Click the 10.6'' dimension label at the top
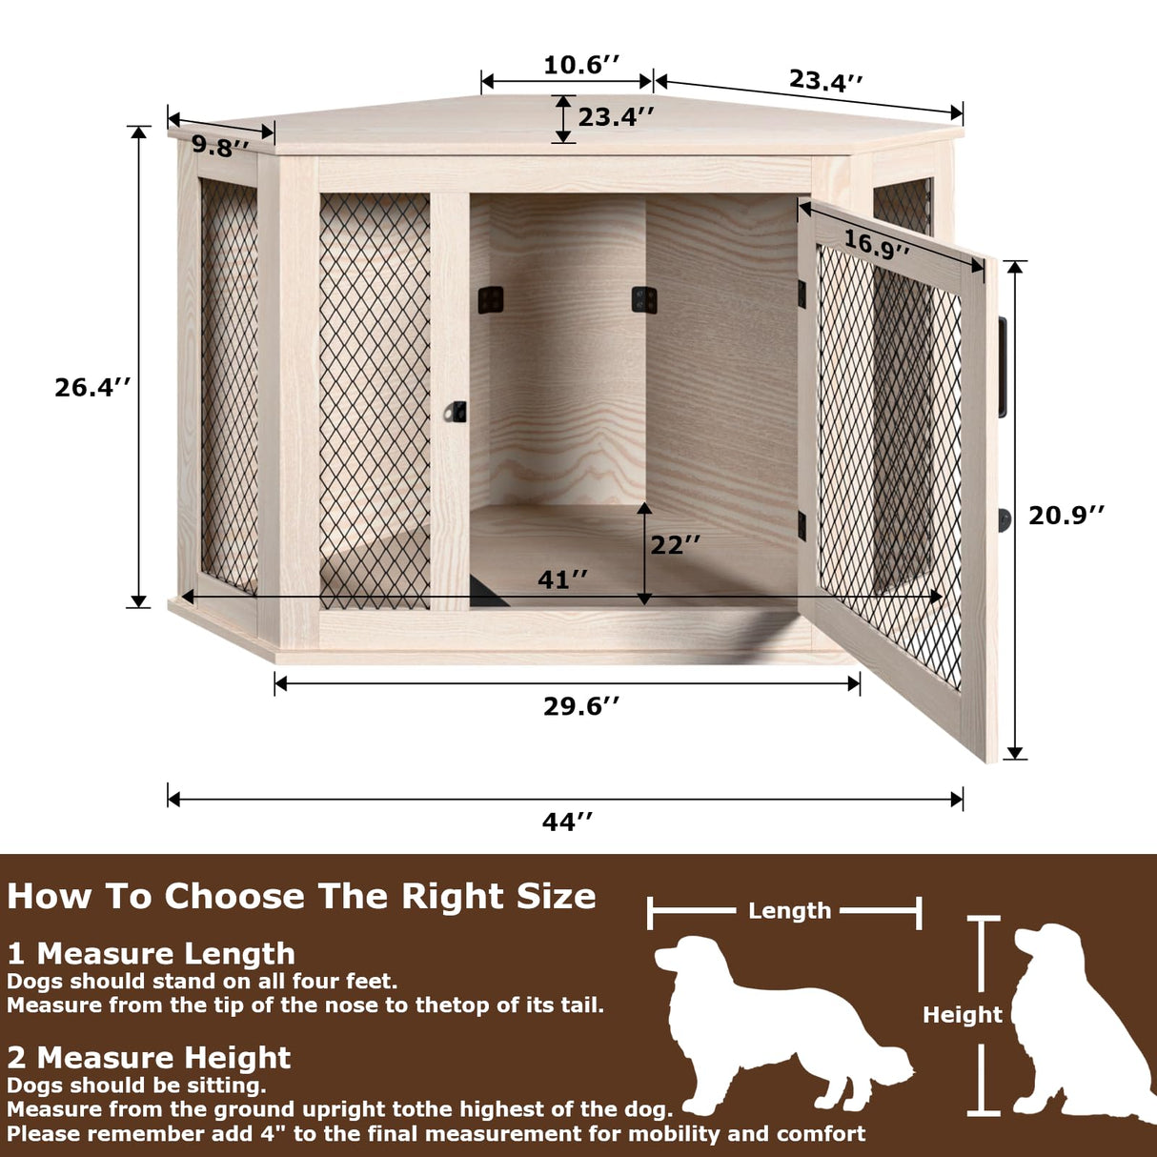coord(581,65)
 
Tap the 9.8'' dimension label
coord(220,147)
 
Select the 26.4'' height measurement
coord(91,387)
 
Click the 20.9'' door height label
coord(1066,515)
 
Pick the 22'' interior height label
coord(675,544)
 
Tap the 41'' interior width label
coord(562,579)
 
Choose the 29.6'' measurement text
coord(581,706)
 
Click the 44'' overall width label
coord(568,822)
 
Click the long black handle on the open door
coord(1002,367)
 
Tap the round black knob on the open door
coord(1005,520)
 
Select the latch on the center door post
coord(457,412)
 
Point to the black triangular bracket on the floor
coord(486,592)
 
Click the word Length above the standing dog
coord(789,911)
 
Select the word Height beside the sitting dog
coord(962,1015)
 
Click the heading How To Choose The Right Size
coord(301,897)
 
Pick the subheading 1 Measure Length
coord(152,953)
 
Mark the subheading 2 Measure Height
coord(149,1058)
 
